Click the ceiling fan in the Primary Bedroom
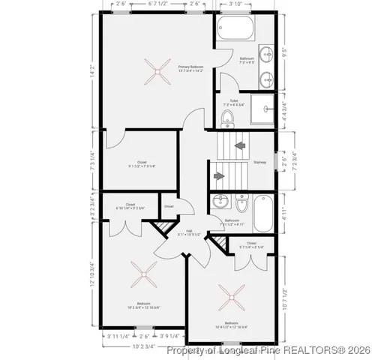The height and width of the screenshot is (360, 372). pyautogui.click(x=157, y=73)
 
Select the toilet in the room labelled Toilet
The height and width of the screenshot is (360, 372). pyautogui.click(x=227, y=117)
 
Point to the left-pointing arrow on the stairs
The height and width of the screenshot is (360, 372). pyautogui.click(x=241, y=146)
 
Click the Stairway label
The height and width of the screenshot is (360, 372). pyautogui.click(x=260, y=161)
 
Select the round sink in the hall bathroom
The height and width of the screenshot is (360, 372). pyautogui.click(x=219, y=201)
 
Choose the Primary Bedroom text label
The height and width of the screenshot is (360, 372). pyautogui.click(x=192, y=68)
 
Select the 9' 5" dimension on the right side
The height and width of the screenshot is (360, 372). pyautogui.click(x=283, y=52)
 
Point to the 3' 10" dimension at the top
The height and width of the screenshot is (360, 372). pyautogui.click(x=244, y=4)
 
